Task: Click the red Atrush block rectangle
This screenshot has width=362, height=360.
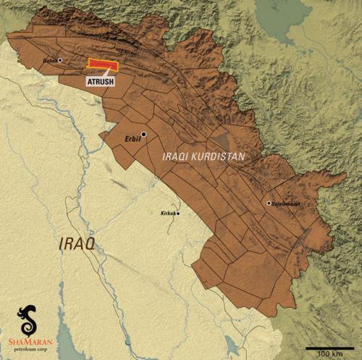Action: coord(102,64)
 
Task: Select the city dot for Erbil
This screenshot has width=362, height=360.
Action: coord(144,134)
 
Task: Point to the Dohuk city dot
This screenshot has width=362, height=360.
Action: coord(61,60)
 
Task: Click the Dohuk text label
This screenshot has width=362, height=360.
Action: coord(50,61)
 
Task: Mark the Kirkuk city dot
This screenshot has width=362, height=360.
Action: coord(177,213)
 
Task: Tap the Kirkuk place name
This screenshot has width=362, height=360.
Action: coord(167,214)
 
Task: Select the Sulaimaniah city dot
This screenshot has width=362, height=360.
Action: coord(269,204)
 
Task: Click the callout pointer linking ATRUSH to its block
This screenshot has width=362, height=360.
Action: coord(109,72)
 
